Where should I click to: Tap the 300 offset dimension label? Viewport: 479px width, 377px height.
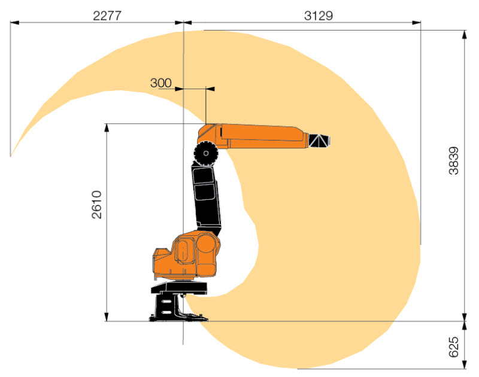pos(160,83)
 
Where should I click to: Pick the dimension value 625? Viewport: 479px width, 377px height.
pos(454,346)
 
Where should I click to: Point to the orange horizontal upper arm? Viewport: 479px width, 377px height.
pos(257,135)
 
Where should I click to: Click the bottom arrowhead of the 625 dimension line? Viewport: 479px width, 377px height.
pos(465,366)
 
